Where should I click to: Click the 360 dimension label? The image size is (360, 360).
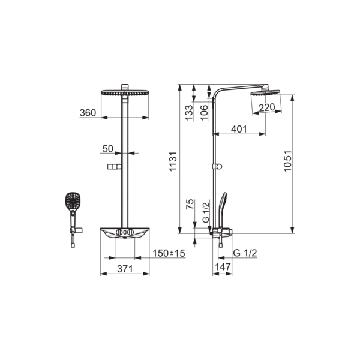pyautogui.click(x=88, y=112)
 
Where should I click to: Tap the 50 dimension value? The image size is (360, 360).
pyautogui.click(x=108, y=148)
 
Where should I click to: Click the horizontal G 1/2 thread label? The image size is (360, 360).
pyautogui.click(x=244, y=254)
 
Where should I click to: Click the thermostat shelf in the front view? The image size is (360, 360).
pyautogui.click(x=125, y=233)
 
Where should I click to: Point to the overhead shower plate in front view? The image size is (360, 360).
pyautogui.click(x=125, y=92)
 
